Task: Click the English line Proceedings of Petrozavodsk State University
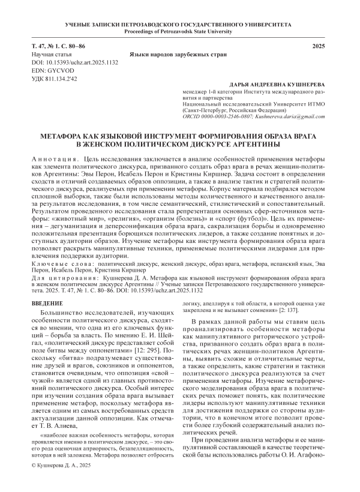pos(179,31)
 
